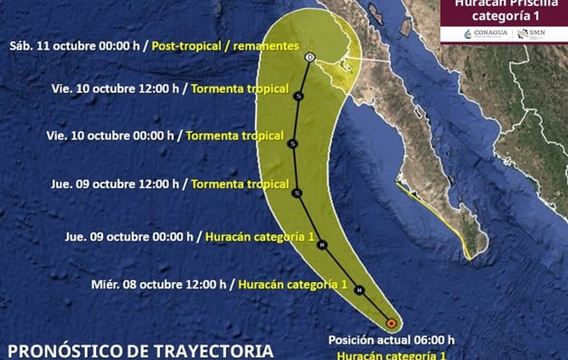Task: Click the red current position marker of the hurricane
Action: pyautogui.click(x=391, y=322)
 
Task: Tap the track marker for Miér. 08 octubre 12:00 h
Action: pyautogui.click(x=359, y=289)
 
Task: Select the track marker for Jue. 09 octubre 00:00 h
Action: pyautogui.click(x=322, y=245)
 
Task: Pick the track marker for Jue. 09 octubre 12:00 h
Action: pyautogui.click(x=297, y=192)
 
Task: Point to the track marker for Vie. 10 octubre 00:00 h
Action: pyautogui.click(x=292, y=143)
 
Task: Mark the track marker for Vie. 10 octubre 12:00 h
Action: pyautogui.click(x=298, y=93)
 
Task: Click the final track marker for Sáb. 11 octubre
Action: pyautogui.click(x=310, y=57)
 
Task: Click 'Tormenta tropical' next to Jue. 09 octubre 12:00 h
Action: pyautogui.click(x=240, y=183)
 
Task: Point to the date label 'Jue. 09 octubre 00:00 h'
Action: pyautogui.click(x=129, y=237)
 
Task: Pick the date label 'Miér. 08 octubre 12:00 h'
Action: pyautogui.click(x=159, y=284)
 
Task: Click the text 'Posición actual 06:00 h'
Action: pyautogui.click(x=391, y=340)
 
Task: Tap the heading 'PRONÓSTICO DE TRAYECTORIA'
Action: pyautogui.click(x=139, y=349)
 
